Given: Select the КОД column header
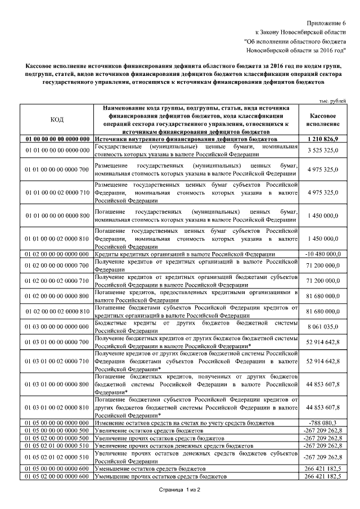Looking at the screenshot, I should coord(57,119).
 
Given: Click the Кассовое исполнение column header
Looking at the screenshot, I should coord(323,119).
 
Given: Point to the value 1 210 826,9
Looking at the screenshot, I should coord(323,138).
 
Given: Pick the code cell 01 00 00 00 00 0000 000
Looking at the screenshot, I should coord(57,138).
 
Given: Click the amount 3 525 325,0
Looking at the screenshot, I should coord(323,150).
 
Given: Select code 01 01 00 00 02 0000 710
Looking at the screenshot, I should coord(57,192).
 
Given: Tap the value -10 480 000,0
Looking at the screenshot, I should coord(323,254).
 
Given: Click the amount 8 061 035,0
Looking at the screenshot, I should coord(323,326).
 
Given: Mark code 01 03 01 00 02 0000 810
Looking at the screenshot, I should coord(57,407).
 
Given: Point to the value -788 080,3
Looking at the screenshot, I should coord(323,422).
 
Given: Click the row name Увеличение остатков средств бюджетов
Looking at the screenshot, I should coord(148,430).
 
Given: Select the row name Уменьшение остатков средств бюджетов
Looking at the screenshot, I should coord(150,469).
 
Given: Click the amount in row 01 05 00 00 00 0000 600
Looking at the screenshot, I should coord(323,469).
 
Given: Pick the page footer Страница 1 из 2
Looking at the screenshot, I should coord(179,491).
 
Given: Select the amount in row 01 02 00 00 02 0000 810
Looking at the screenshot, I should coord(323,311).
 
